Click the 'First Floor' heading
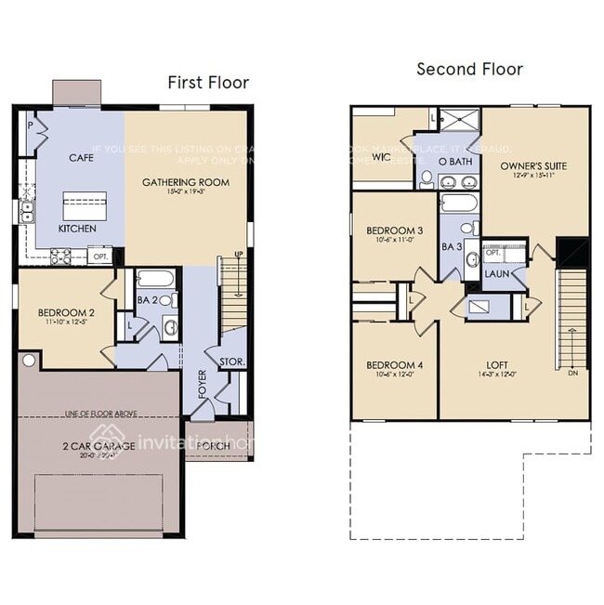pyautogui.click(x=208, y=83)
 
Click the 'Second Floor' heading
pyautogui.click(x=469, y=69)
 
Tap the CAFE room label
pyautogui.click(x=82, y=158)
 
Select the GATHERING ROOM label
pyautogui.click(x=186, y=182)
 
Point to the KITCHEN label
pyautogui.click(x=76, y=228)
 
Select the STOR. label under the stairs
pyautogui.click(x=231, y=361)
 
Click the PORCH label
pyautogui.click(x=214, y=446)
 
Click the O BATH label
pyautogui.click(x=455, y=161)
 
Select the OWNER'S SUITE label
pyautogui.click(x=533, y=166)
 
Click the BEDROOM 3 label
pyautogui.click(x=394, y=230)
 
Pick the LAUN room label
pyautogui.click(x=494, y=274)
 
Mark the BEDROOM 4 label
pyautogui.click(x=394, y=364)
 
